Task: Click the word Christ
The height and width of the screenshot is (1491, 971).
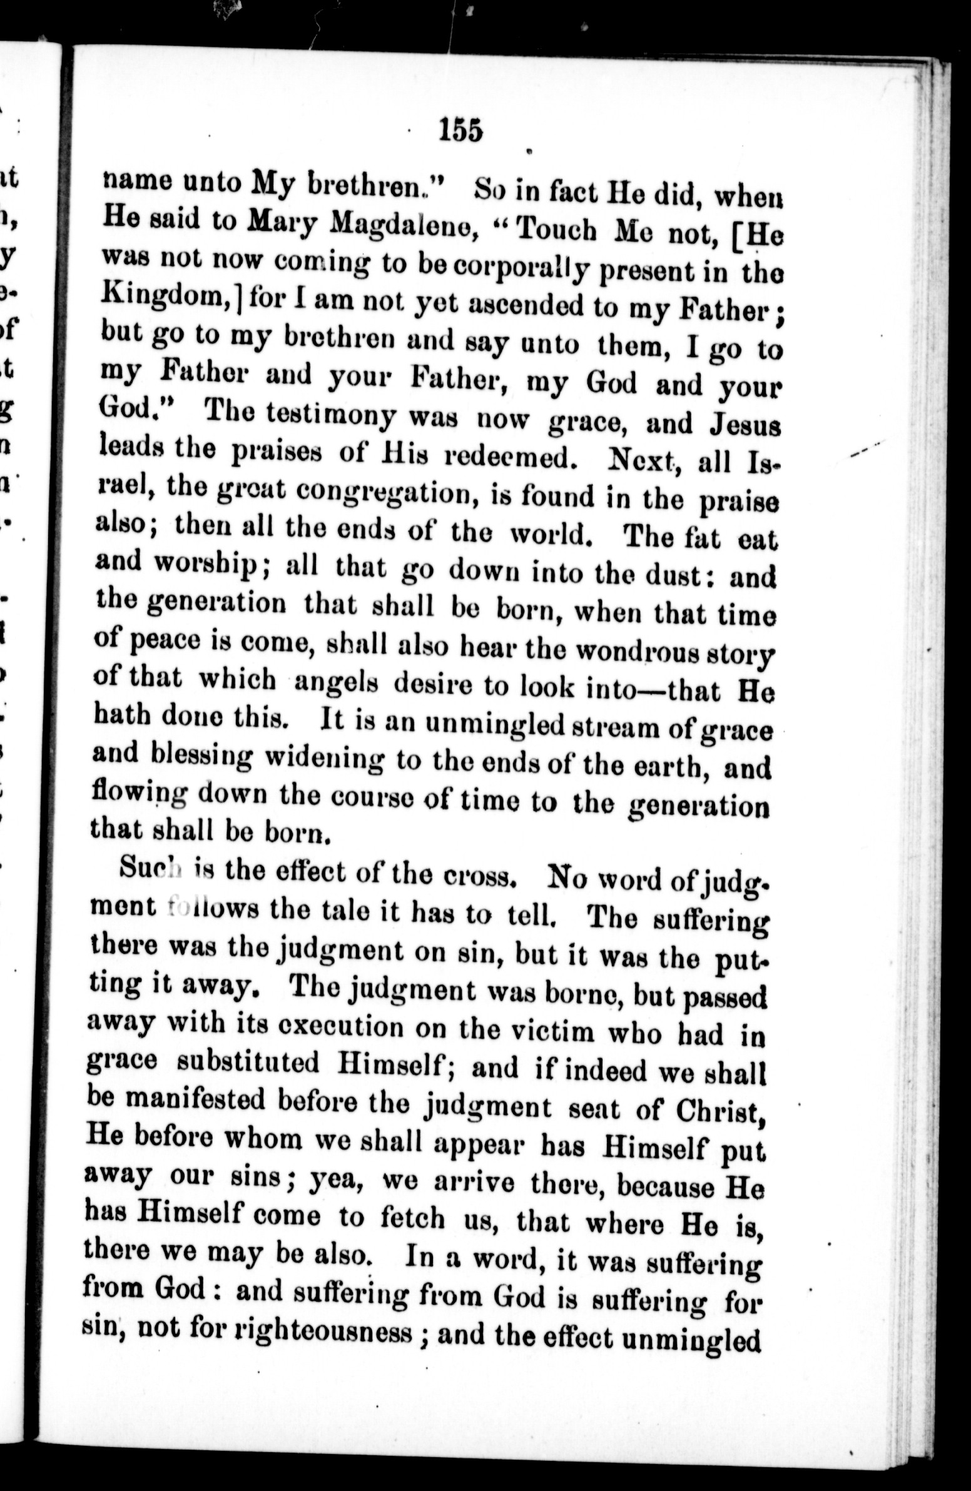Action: click(728, 1109)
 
